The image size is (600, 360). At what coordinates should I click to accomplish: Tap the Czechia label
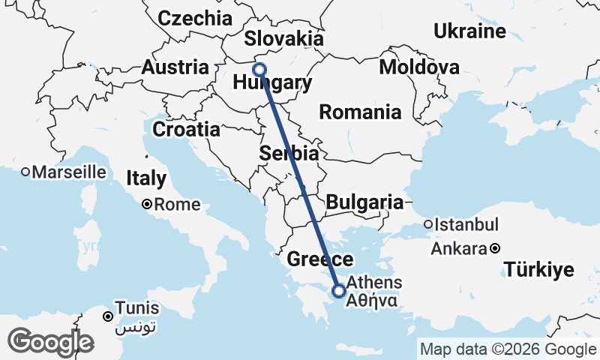[x=195, y=18]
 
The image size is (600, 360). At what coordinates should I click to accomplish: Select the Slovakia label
[x=284, y=39]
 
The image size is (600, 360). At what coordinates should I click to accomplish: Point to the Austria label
[x=175, y=67]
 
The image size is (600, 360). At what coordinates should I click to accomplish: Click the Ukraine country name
[x=469, y=31]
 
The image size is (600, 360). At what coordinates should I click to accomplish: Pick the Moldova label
[x=419, y=67]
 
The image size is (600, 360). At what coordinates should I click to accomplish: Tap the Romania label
[x=360, y=112]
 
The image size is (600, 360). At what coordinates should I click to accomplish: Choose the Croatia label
[x=186, y=129]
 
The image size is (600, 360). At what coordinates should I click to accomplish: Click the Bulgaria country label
[x=364, y=202]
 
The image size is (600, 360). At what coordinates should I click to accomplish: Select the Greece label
[x=320, y=260]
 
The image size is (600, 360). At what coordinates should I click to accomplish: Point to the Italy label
[x=145, y=179]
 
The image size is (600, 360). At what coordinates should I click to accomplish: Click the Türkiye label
[x=538, y=269]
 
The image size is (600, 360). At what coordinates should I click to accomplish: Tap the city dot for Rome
[x=148, y=204]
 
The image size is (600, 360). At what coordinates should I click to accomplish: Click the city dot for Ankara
[x=495, y=248]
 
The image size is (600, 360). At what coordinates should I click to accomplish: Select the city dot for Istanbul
[x=428, y=224]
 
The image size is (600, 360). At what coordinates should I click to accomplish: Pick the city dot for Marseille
[x=25, y=172]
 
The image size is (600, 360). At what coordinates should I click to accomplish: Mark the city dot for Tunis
[x=109, y=316]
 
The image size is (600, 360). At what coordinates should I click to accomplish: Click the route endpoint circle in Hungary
[x=259, y=70]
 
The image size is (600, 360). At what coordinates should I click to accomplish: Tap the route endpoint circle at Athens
[x=339, y=290]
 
